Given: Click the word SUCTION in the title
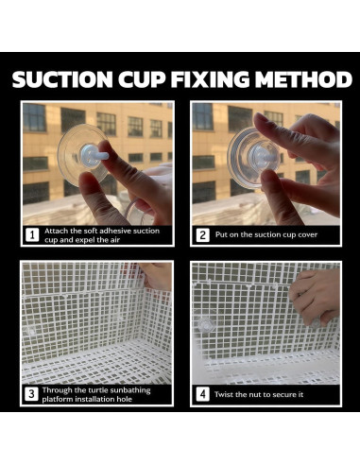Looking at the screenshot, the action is [x=62, y=79].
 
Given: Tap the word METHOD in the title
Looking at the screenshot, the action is [x=303, y=79].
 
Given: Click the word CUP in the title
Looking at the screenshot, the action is [x=142, y=79].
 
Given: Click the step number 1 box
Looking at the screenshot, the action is [x=32, y=235].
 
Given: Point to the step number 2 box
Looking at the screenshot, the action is [x=202, y=235].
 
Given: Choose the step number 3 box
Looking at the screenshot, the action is [x=31, y=394].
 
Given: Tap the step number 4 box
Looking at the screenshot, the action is [x=202, y=394].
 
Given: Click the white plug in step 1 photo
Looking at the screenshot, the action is [x=94, y=155].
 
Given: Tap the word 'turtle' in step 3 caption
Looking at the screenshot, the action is [x=98, y=390].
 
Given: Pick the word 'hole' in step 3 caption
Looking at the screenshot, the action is [x=125, y=399].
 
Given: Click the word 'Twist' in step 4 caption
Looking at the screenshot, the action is [x=224, y=394].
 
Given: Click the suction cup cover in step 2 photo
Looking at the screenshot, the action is [x=253, y=156].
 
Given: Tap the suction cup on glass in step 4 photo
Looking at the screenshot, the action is [x=205, y=326].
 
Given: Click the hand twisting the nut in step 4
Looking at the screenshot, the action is [x=315, y=297].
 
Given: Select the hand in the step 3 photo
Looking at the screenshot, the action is [x=156, y=275].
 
